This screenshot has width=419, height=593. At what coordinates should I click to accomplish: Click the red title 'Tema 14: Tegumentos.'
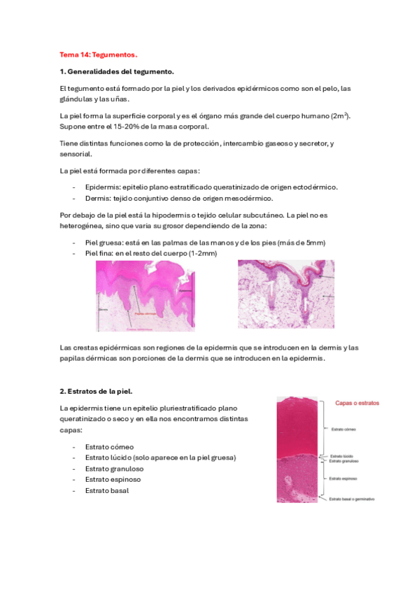pyautogui.click(x=99, y=54)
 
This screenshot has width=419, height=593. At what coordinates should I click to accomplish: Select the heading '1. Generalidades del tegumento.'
pyautogui.click(x=116, y=71)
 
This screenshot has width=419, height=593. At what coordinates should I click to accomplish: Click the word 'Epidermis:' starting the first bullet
pyautogui.click(x=103, y=187)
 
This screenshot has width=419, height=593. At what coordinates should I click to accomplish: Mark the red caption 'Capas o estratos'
pyautogui.click(x=357, y=403)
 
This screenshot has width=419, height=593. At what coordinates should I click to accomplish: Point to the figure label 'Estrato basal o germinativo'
pyautogui.click(x=353, y=499)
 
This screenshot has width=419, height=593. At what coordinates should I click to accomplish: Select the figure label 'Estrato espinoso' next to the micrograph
pyautogui.click(x=345, y=478)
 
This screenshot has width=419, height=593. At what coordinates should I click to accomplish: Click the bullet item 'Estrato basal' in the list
pyautogui.click(x=107, y=490)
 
